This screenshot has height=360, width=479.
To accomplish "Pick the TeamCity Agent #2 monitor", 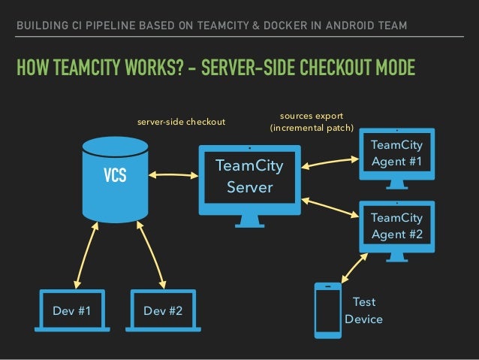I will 396,225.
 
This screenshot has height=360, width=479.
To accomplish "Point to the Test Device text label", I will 363,310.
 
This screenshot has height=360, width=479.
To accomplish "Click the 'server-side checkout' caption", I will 179,121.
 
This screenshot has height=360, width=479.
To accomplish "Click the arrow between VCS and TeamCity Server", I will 173,176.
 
